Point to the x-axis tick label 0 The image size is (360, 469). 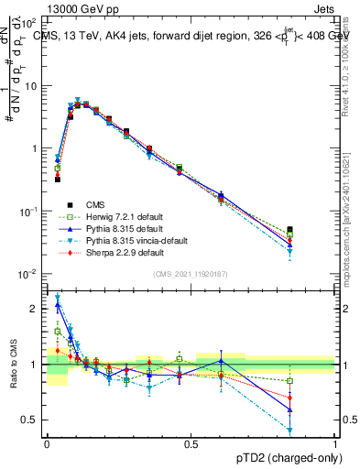click(x=47, y=442)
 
